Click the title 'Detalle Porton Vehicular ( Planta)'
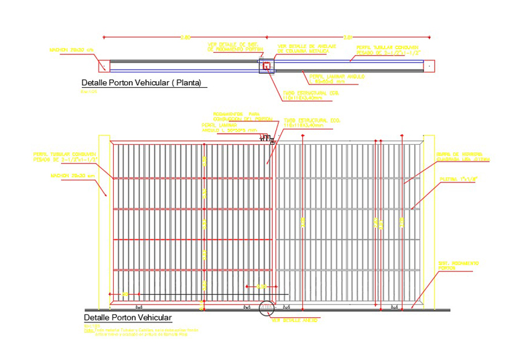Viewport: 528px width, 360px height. point(141,84)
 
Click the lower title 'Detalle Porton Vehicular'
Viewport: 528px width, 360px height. point(127,317)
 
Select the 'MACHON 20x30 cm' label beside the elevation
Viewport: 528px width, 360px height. point(74,176)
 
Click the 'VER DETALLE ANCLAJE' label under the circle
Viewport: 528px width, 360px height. point(294,320)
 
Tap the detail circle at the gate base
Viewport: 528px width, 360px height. point(267,308)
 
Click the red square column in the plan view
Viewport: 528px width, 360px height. point(266,66)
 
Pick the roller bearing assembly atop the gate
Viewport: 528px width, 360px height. point(267,139)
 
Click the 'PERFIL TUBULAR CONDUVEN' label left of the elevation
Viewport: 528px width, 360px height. point(64,156)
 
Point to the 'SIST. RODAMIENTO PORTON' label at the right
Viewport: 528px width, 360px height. point(456,265)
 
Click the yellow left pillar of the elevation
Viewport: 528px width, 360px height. point(104,221)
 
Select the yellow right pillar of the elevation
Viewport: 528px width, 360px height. point(429,221)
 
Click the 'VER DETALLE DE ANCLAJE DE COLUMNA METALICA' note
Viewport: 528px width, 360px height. point(303,48)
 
